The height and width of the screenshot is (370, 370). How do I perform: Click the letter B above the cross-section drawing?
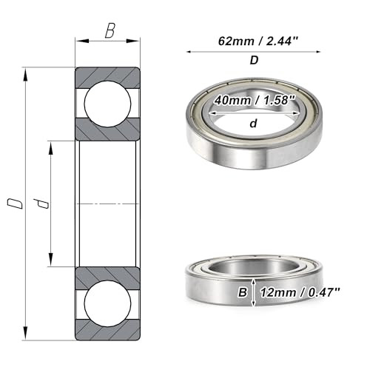point(109,31)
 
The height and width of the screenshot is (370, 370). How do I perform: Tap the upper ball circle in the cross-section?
point(108,102)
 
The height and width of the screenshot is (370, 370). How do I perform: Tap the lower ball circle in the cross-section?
point(108,306)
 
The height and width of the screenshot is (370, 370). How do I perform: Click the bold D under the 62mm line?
point(253,61)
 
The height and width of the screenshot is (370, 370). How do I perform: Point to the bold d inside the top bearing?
point(253,124)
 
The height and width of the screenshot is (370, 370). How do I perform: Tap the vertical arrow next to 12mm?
point(254,292)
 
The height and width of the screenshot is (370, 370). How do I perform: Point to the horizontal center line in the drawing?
point(108,203)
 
